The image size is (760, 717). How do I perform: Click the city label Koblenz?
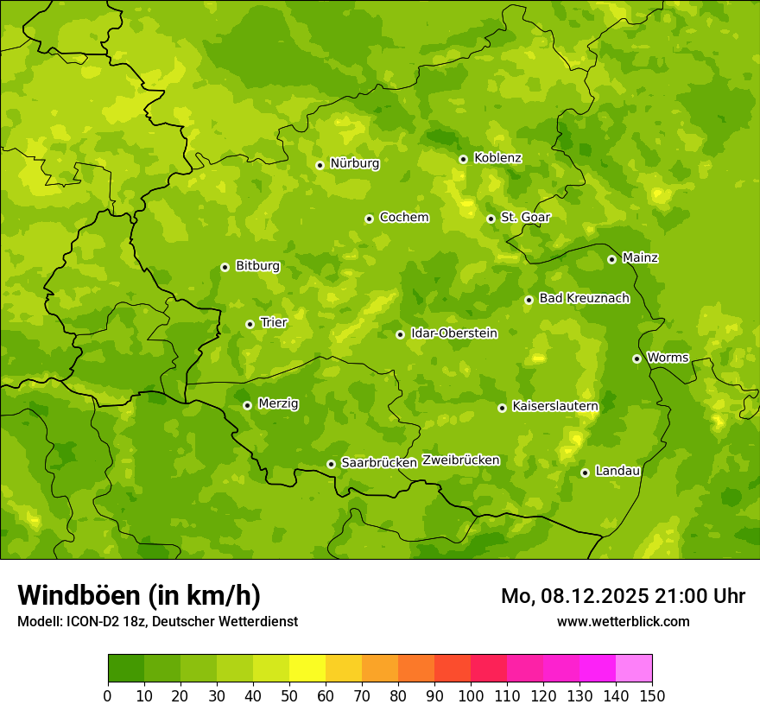tap(497, 158)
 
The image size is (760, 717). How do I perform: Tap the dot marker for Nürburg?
tap(320, 165)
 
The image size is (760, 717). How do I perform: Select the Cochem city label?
tap(403, 218)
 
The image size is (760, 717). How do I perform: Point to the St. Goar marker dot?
tap(491, 219)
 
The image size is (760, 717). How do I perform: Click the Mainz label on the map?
tap(640, 257)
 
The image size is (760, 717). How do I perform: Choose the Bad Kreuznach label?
tap(584, 298)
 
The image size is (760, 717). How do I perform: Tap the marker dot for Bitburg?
tap(225, 267)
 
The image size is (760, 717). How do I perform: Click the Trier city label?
tap(273, 322)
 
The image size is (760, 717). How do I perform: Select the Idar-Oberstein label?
tap(454, 333)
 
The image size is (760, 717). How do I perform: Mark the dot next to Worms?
tap(636, 358)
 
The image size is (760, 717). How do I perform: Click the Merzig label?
tap(278, 403)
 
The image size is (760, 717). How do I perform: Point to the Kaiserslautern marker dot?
tap(502, 408)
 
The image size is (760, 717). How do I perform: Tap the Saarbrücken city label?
tap(379, 463)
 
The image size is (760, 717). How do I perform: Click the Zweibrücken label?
tap(460, 460)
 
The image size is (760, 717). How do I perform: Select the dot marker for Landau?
tap(585, 473)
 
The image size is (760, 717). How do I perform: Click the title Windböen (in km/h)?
tap(139, 595)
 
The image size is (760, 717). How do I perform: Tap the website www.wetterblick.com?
tap(623, 621)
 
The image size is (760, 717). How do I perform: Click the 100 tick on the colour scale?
tap(471, 695)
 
